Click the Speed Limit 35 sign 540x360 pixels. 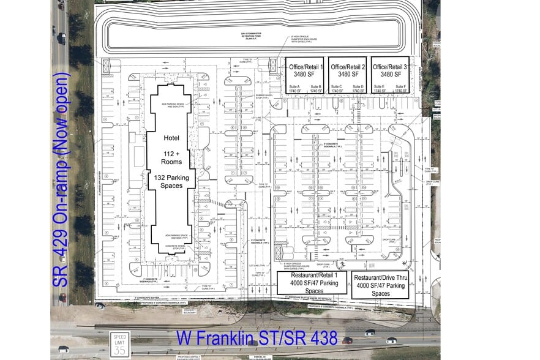coord(119,345)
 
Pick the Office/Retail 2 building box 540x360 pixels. coord(347,75)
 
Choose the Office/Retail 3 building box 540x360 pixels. coord(390,75)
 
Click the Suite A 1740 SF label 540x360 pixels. coord(294,89)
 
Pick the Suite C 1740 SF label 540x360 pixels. coord(336,89)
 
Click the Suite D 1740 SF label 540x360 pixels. coord(358,89)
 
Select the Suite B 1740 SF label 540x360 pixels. coord(317,89)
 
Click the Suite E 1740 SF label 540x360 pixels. coord(379,89)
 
